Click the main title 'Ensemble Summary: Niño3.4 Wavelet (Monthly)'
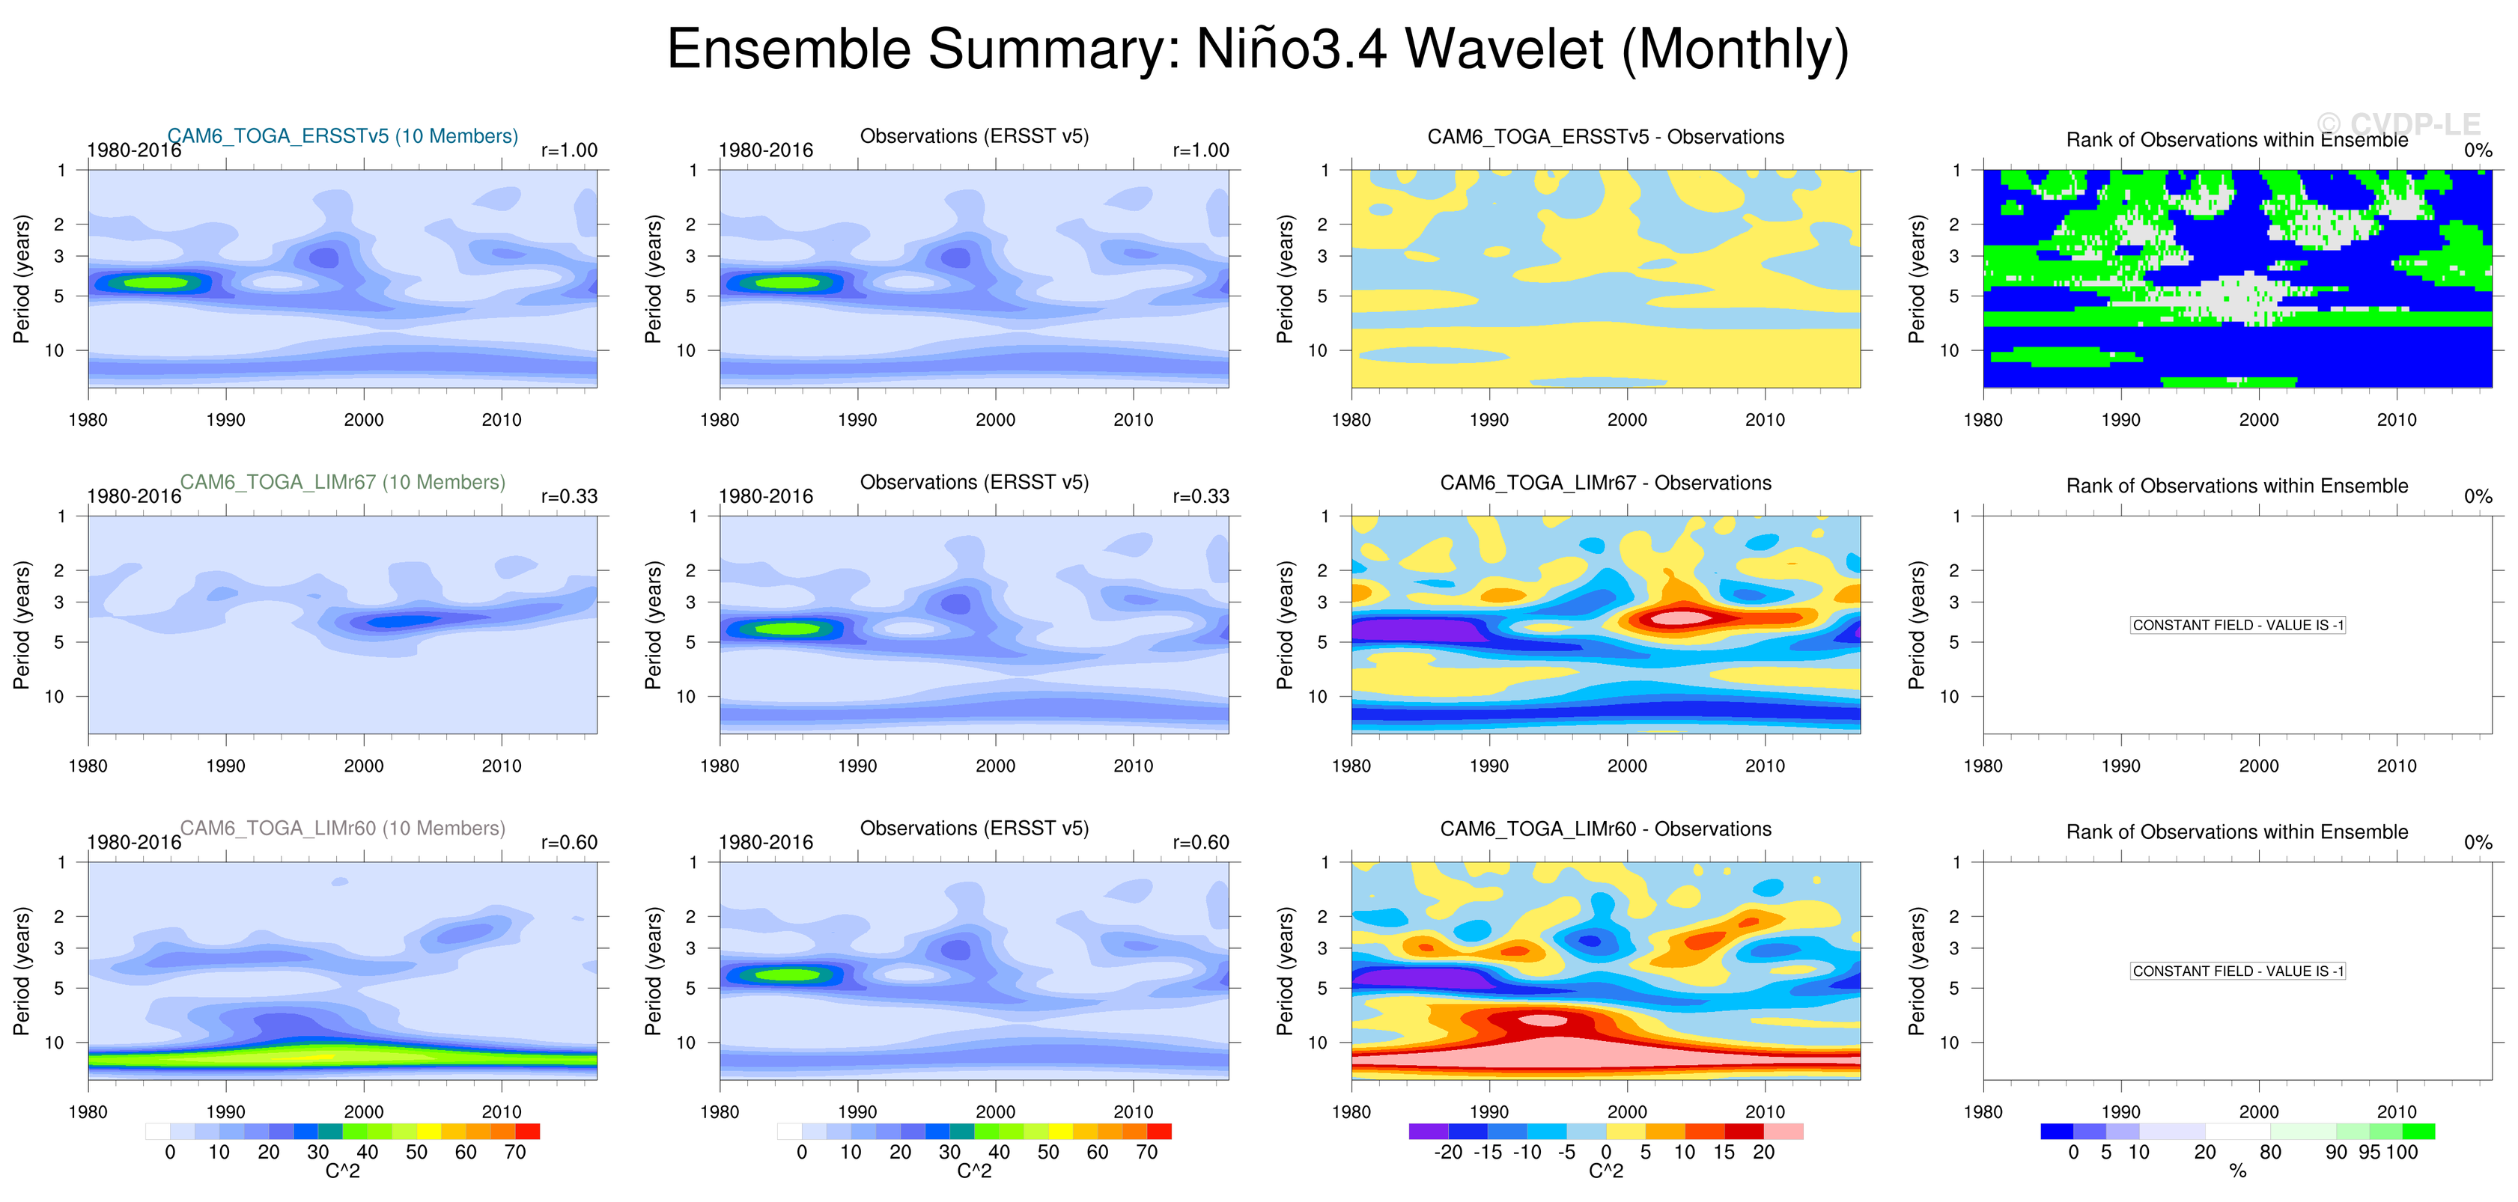tap(1257, 49)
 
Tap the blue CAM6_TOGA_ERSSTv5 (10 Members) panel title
tap(342, 135)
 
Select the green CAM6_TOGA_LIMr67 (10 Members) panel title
tap(342, 482)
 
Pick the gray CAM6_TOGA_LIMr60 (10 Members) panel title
tap(342, 828)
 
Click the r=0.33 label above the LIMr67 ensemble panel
tap(569, 496)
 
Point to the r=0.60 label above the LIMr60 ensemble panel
tap(569, 843)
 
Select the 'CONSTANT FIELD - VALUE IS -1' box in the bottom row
tap(2237, 971)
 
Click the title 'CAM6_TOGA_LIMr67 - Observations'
tap(1605, 483)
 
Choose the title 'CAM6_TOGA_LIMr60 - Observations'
tap(1605, 829)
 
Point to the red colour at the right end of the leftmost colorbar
tap(528, 1132)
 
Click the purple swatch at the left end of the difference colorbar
tap(1428, 1132)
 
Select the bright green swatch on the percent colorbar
tap(2418, 1132)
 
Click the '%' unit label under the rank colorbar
tap(2237, 1171)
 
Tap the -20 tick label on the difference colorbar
tap(1447, 1152)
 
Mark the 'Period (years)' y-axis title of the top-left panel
tap(22, 278)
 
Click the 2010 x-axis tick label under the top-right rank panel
tap(2396, 420)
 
